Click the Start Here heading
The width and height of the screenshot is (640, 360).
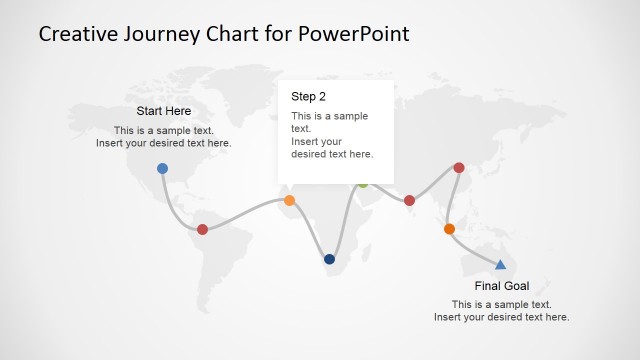tap(164, 111)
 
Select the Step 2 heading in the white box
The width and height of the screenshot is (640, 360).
tap(308, 97)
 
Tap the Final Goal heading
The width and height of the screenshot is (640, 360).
tap(501, 286)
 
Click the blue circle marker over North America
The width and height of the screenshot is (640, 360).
tap(163, 168)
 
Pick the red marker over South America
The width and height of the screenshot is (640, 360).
tap(203, 229)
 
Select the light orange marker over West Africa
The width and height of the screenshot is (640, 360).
tap(290, 201)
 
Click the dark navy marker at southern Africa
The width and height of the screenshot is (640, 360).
tap(330, 259)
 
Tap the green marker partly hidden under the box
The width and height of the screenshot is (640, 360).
tap(363, 185)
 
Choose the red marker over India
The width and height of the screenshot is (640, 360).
tap(409, 201)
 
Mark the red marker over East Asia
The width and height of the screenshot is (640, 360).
tap(459, 168)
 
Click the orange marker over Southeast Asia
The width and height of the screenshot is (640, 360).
tap(449, 229)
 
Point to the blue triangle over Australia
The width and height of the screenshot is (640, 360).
tap(500, 264)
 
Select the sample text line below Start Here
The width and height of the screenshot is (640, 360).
tap(164, 130)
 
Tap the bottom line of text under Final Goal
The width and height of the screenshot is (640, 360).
tap(501, 317)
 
